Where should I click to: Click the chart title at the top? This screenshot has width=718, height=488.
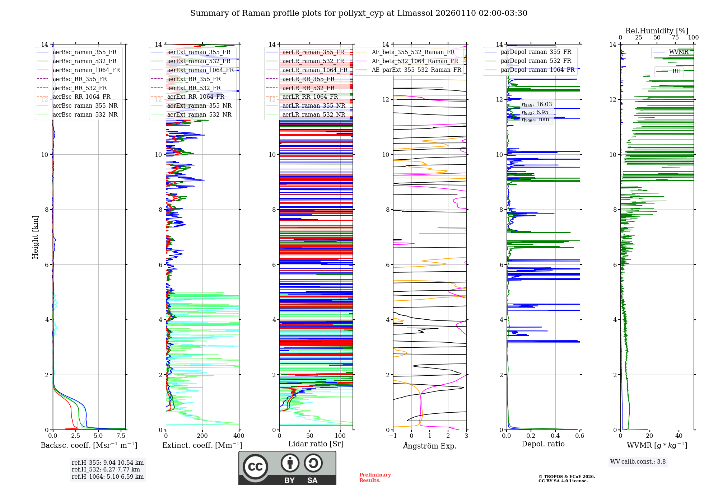coord(359,13)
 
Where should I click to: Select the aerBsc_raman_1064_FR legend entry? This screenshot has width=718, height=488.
coord(86,70)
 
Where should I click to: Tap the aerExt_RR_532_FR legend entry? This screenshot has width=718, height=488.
coord(194,88)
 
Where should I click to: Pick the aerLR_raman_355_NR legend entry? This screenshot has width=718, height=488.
coord(313,105)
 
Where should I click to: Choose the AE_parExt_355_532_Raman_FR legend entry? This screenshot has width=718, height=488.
coord(416,70)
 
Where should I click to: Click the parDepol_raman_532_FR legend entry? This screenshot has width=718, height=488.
coord(536,61)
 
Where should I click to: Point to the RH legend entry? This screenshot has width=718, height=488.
coord(676,71)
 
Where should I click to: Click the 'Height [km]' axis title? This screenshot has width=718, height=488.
coord(35,237)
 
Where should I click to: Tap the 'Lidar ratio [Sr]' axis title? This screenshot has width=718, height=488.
coord(316,444)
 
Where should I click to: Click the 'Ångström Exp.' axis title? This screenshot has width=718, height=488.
coord(430,446)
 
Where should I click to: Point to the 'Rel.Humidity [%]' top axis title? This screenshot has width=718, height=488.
coord(657,31)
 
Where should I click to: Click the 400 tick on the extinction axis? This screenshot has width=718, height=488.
coord(239,436)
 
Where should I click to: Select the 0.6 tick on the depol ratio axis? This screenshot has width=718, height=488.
coord(579,436)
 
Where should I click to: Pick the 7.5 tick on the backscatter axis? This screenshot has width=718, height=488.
coord(121,436)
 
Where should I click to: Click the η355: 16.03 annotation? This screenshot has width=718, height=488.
coord(537,104)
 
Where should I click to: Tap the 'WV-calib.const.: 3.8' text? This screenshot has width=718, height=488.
coord(638,462)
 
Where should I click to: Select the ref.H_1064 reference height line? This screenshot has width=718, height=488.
coord(108,477)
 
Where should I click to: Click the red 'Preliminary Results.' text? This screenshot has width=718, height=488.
coord(375,478)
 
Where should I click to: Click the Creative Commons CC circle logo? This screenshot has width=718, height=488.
coord(255,467)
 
